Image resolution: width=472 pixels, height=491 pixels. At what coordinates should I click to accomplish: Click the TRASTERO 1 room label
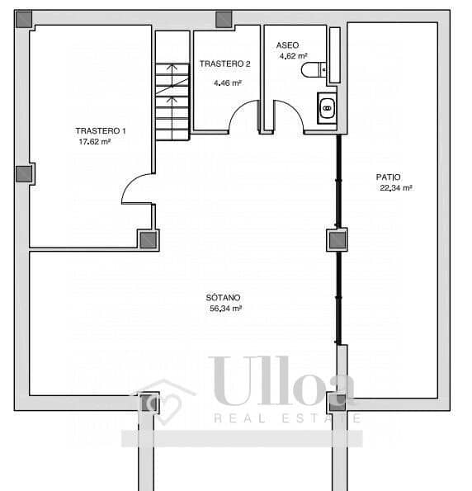(101, 131)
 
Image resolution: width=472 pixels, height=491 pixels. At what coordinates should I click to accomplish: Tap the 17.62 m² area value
(93, 141)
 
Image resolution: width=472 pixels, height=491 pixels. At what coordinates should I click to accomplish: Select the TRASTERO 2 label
(225, 64)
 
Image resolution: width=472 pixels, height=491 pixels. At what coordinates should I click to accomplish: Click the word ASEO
(287, 45)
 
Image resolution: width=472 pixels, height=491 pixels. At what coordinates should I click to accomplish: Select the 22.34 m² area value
(395, 187)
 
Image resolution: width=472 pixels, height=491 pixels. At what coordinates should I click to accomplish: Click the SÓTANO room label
(224, 297)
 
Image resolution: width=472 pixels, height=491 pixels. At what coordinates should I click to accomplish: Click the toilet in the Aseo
(314, 69)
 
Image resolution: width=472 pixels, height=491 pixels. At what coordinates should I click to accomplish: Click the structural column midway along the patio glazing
(337, 240)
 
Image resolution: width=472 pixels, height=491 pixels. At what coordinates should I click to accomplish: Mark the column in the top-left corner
(24, 18)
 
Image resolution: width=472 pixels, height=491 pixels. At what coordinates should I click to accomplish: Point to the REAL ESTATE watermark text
(287, 418)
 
